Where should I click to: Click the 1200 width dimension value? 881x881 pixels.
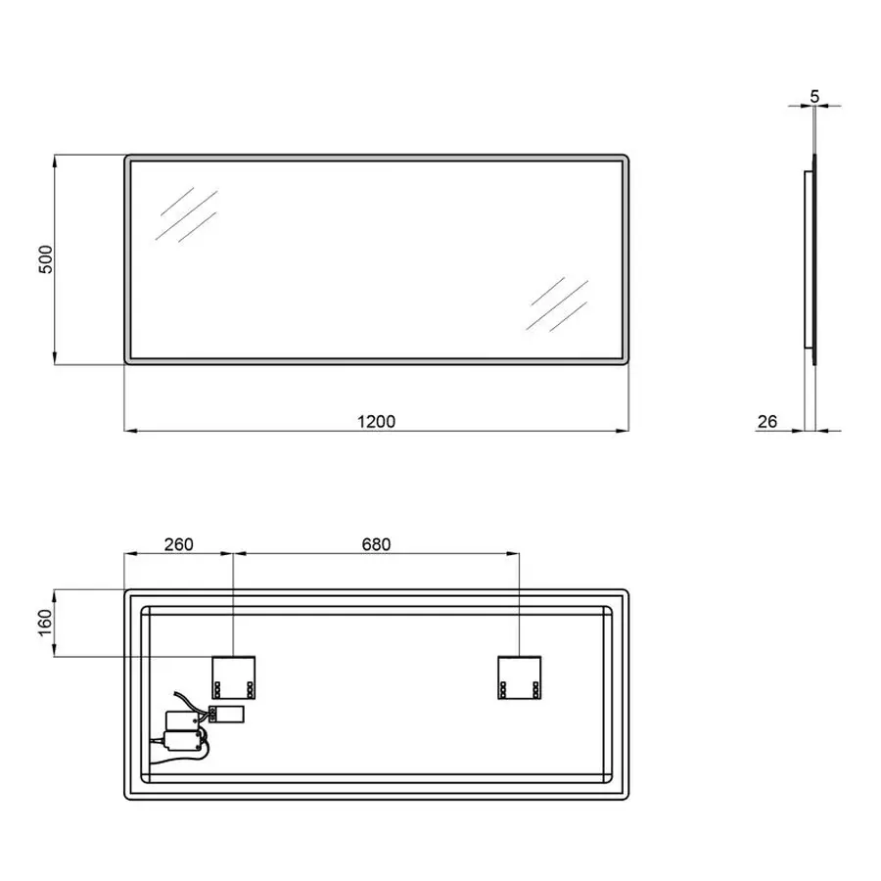click(x=376, y=422)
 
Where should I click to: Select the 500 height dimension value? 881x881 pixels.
click(x=44, y=259)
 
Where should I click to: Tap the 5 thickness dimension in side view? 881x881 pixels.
click(x=815, y=97)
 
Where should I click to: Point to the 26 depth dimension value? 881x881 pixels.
click(x=767, y=422)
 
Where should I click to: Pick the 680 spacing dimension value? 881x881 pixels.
click(x=376, y=544)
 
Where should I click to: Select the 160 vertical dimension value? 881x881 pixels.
click(x=44, y=623)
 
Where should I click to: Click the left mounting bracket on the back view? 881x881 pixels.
click(x=234, y=675)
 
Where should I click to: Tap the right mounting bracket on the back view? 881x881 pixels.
click(x=520, y=675)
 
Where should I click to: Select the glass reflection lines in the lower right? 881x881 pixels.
click(x=557, y=303)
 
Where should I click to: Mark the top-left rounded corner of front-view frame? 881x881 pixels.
click(x=129, y=159)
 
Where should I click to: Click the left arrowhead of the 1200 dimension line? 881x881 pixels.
click(x=128, y=431)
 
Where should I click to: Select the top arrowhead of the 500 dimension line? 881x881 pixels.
click(x=54, y=158)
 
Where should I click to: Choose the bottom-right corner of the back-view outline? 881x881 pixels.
click(x=624, y=795)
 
